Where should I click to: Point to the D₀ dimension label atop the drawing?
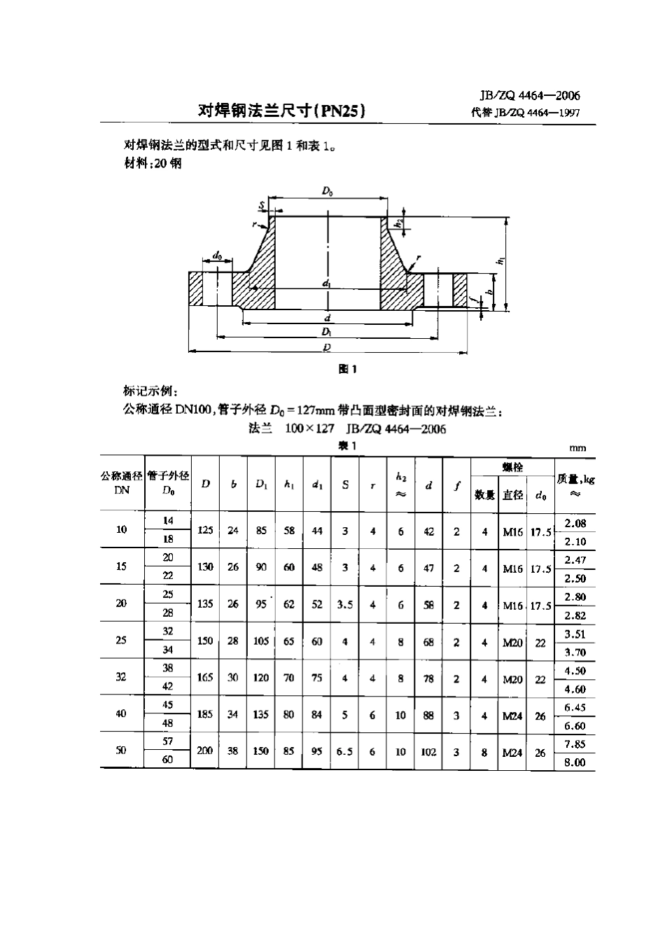click(327, 190)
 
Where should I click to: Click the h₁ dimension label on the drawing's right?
click(500, 260)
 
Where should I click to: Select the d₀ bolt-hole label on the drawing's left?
click(218, 257)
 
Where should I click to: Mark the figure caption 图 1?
click(348, 369)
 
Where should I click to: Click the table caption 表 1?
click(348, 446)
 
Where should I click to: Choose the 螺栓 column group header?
click(512, 467)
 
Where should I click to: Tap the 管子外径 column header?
click(168, 476)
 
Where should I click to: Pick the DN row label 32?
click(121, 677)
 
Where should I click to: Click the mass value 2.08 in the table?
click(575, 523)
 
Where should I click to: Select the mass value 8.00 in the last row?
click(575, 762)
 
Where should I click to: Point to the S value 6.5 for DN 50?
click(344, 751)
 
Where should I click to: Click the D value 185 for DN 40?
click(204, 714)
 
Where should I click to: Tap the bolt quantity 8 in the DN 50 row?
click(484, 752)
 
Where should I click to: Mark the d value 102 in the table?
click(428, 752)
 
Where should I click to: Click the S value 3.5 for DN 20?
click(344, 604)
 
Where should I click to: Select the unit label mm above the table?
click(577, 448)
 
